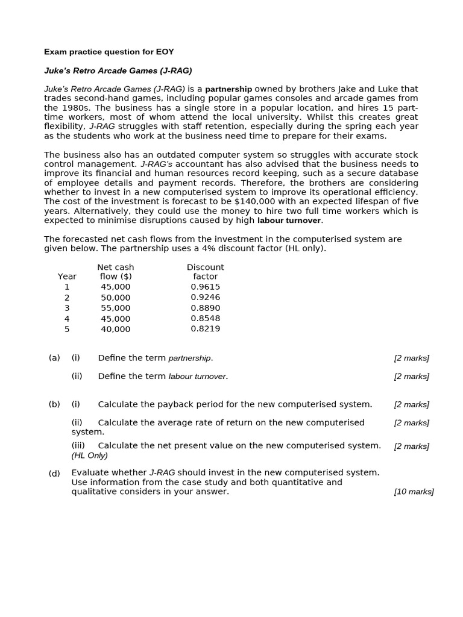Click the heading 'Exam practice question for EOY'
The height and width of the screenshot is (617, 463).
coord(109,52)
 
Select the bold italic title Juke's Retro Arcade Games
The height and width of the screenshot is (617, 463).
coord(118,70)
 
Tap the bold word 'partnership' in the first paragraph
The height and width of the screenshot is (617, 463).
coord(228,89)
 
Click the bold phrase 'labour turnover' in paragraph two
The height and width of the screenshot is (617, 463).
coord(289,221)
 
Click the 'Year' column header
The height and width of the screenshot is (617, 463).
coord(67,277)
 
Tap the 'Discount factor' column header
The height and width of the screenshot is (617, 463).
coord(206,272)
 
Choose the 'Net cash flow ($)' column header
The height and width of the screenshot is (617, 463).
coord(116,272)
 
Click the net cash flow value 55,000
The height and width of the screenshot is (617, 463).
coord(116,308)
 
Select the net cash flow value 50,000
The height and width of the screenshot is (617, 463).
coord(116,298)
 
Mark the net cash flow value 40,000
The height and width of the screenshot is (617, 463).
coord(116,329)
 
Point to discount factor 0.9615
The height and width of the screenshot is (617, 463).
coord(206,287)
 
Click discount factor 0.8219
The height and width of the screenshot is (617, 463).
coord(206,329)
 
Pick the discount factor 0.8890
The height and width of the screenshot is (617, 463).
coord(206,308)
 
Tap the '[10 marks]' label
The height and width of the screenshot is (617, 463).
coord(414,492)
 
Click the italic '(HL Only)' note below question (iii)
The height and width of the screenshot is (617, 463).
coord(90,456)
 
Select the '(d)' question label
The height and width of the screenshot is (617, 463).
coord(54,473)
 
